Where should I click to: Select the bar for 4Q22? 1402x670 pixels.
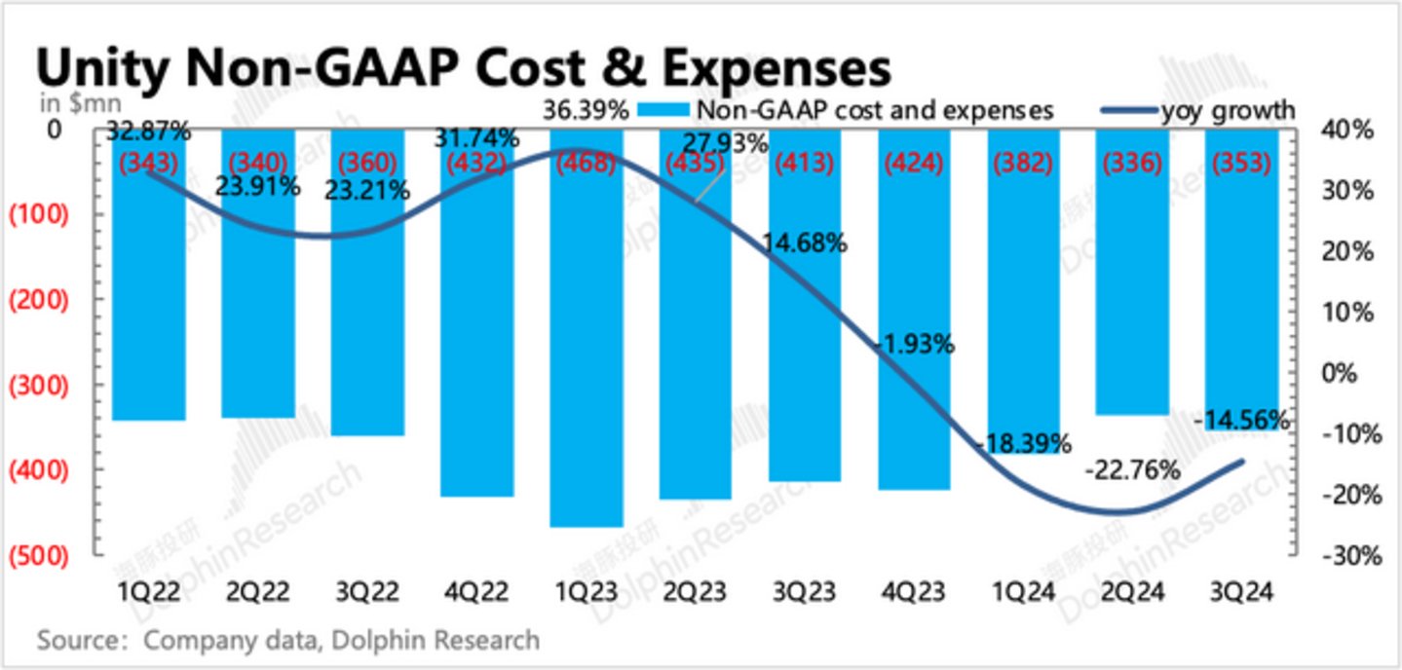point(476,321)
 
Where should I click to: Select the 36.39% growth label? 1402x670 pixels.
point(586,111)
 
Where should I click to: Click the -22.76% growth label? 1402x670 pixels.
point(1132,470)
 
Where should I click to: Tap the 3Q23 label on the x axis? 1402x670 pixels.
point(804,590)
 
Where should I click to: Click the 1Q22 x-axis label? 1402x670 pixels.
point(149,590)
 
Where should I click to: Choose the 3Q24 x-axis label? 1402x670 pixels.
point(1239,590)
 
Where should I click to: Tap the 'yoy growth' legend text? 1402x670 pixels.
point(1229,111)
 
